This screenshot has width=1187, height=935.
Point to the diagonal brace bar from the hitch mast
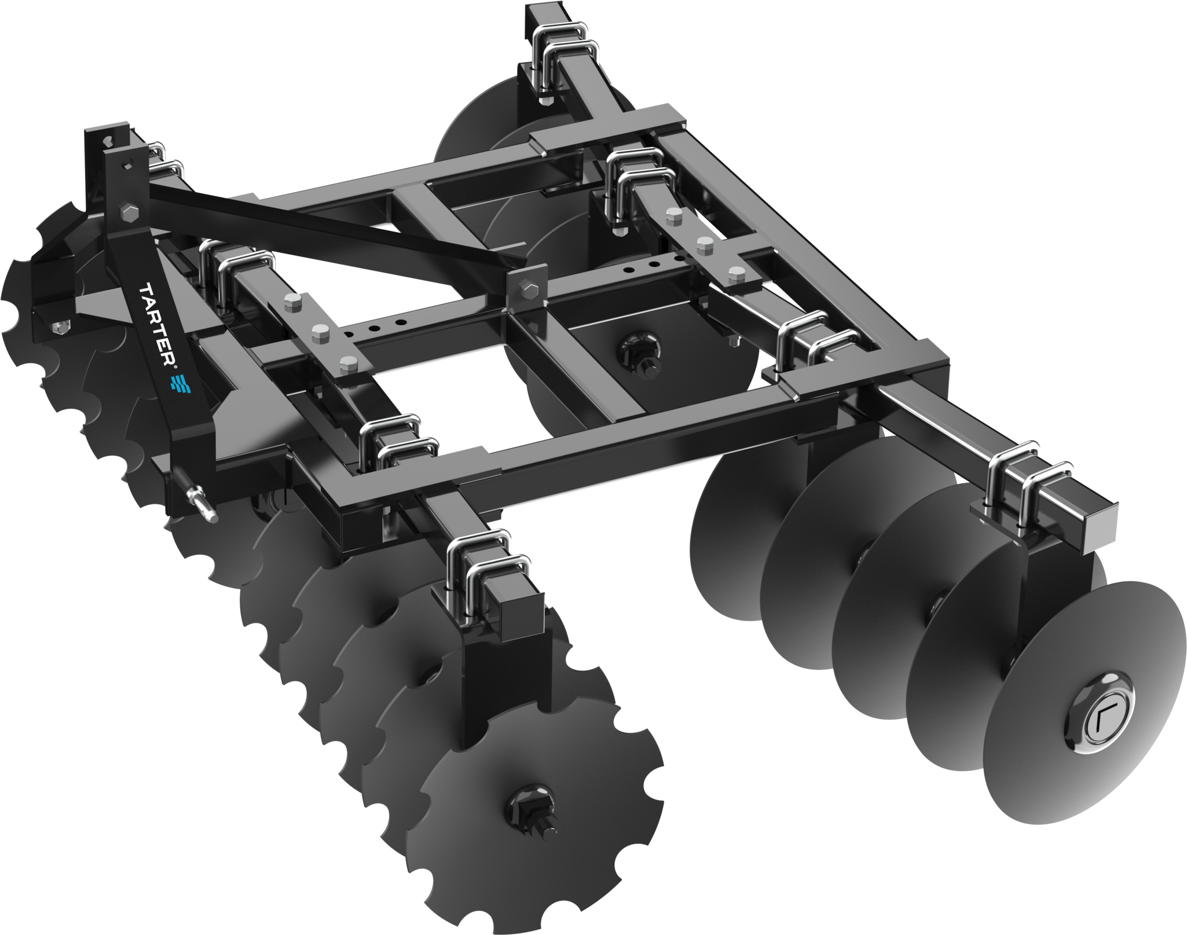(x=324, y=229)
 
